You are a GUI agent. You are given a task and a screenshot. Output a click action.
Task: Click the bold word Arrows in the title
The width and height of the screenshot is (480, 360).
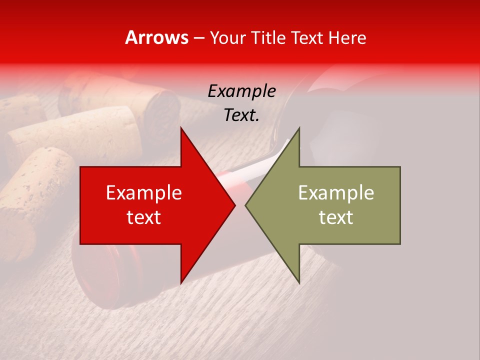(x=157, y=37)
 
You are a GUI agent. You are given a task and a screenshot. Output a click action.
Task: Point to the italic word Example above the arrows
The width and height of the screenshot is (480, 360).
(x=242, y=91)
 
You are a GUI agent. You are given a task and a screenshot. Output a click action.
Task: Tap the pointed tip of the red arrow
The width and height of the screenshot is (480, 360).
(x=235, y=205)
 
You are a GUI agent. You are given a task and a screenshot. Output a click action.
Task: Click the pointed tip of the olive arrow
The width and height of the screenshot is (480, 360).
(x=245, y=205)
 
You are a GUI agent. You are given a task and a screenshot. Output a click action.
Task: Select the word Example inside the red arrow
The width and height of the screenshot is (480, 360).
(x=144, y=193)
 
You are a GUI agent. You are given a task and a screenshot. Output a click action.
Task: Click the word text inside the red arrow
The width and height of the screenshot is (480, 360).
(x=144, y=217)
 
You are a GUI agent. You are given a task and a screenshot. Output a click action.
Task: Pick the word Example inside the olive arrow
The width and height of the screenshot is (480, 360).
(x=336, y=193)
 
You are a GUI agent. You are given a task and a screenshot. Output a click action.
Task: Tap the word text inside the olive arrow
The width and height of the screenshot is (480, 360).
(x=336, y=217)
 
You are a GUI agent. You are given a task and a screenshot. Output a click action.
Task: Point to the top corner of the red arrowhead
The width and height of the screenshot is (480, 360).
(x=181, y=128)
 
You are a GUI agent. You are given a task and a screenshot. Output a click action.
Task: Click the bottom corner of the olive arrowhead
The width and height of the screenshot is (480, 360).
(x=299, y=283)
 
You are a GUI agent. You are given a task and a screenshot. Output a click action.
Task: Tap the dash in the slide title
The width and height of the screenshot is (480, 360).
(x=198, y=37)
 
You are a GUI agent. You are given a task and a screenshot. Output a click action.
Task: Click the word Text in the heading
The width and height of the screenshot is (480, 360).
(x=307, y=37)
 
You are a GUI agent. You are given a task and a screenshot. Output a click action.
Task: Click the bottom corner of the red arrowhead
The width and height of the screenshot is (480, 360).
(x=181, y=283)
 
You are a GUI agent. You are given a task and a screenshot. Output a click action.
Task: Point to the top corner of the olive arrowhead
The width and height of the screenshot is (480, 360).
(x=299, y=128)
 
